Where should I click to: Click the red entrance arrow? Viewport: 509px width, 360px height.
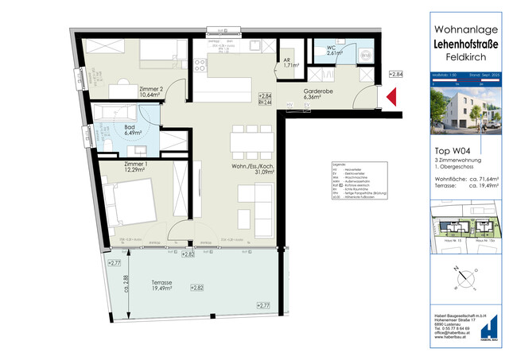point(391,99)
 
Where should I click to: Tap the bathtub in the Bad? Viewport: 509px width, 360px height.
point(120,111)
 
